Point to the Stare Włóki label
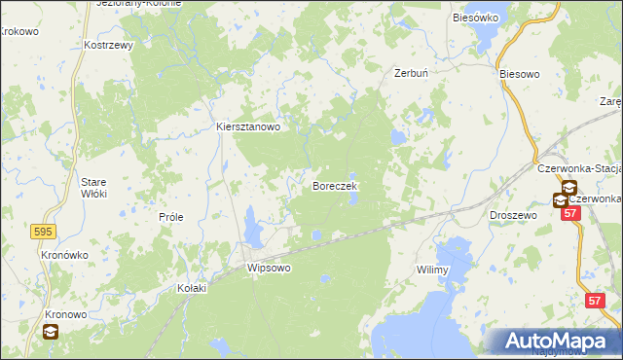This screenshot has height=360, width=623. click(93, 188)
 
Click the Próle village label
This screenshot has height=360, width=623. click(171, 218)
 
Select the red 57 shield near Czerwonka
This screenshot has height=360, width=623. click(571, 212)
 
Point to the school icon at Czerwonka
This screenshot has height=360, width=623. click(562, 200)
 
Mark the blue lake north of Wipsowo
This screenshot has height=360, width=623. click(253, 228)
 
